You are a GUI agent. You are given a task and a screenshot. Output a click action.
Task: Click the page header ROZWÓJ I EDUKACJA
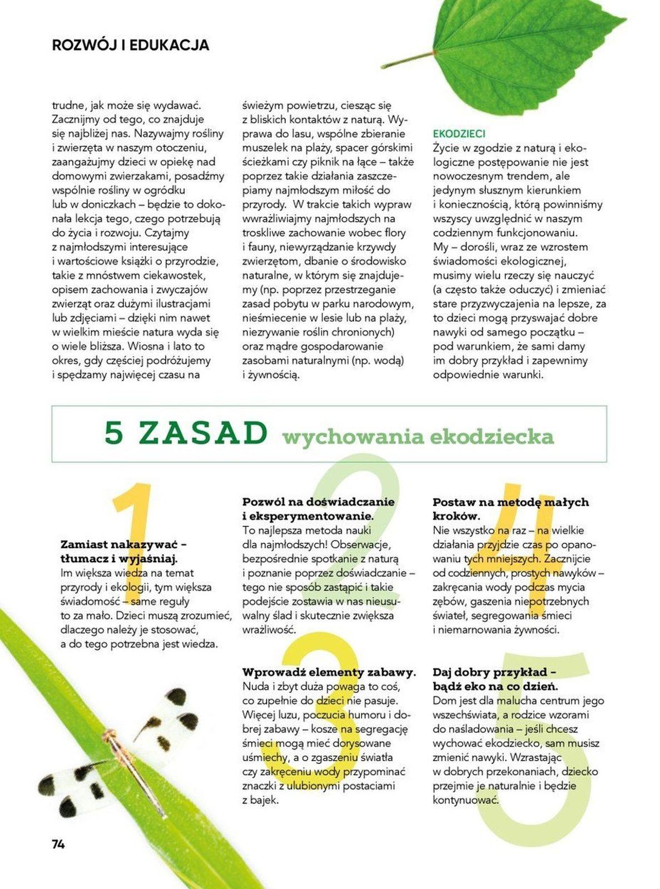pyautogui.click(x=130, y=45)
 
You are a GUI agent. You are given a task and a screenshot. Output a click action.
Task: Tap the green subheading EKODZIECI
pyautogui.click(x=459, y=134)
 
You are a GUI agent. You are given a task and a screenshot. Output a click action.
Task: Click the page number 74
pyautogui.click(x=58, y=844)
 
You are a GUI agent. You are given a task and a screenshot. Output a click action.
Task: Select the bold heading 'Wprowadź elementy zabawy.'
pyautogui.click(x=329, y=672)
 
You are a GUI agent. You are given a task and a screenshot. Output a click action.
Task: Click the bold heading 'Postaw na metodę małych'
pyautogui.click(x=510, y=502)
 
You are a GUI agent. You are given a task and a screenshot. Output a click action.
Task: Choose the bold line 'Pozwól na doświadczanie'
pyautogui.click(x=318, y=502)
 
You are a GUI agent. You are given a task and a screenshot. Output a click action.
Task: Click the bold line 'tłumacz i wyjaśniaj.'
pyautogui.click(x=119, y=558)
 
